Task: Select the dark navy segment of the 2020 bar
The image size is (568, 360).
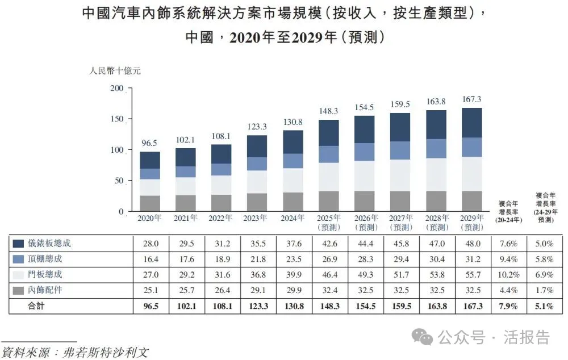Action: (x=150, y=160)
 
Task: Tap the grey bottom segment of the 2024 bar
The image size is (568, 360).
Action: (x=293, y=202)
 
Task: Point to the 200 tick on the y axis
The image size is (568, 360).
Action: (x=116, y=89)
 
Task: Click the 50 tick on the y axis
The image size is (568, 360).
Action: (x=119, y=181)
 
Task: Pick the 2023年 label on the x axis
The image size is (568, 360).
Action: (x=257, y=218)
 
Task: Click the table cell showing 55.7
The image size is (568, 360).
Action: (x=473, y=275)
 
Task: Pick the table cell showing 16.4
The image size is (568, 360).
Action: (x=150, y=259)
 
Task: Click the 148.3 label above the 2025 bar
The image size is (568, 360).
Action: (x=329, y=111)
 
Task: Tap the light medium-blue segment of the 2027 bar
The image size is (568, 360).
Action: (x=400, y=150)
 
